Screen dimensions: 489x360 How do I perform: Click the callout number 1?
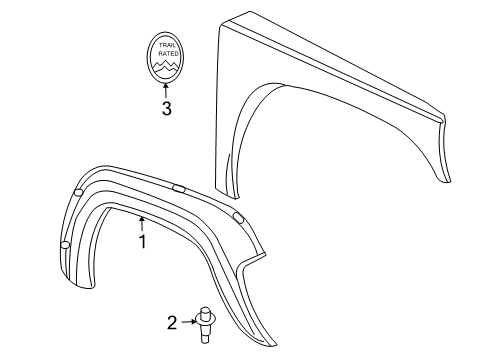142,241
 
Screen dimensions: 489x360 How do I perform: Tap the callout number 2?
171,322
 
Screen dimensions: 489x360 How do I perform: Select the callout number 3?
166,109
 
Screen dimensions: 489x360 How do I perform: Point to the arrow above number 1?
142,223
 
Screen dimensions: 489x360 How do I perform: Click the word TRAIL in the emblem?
166,46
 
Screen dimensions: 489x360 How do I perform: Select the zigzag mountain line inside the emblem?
166,68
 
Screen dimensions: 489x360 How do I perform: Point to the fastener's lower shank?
207,331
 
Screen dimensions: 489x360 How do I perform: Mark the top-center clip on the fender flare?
179,187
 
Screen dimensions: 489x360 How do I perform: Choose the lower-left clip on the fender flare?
65,245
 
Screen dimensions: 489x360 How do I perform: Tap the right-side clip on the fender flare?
237,217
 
